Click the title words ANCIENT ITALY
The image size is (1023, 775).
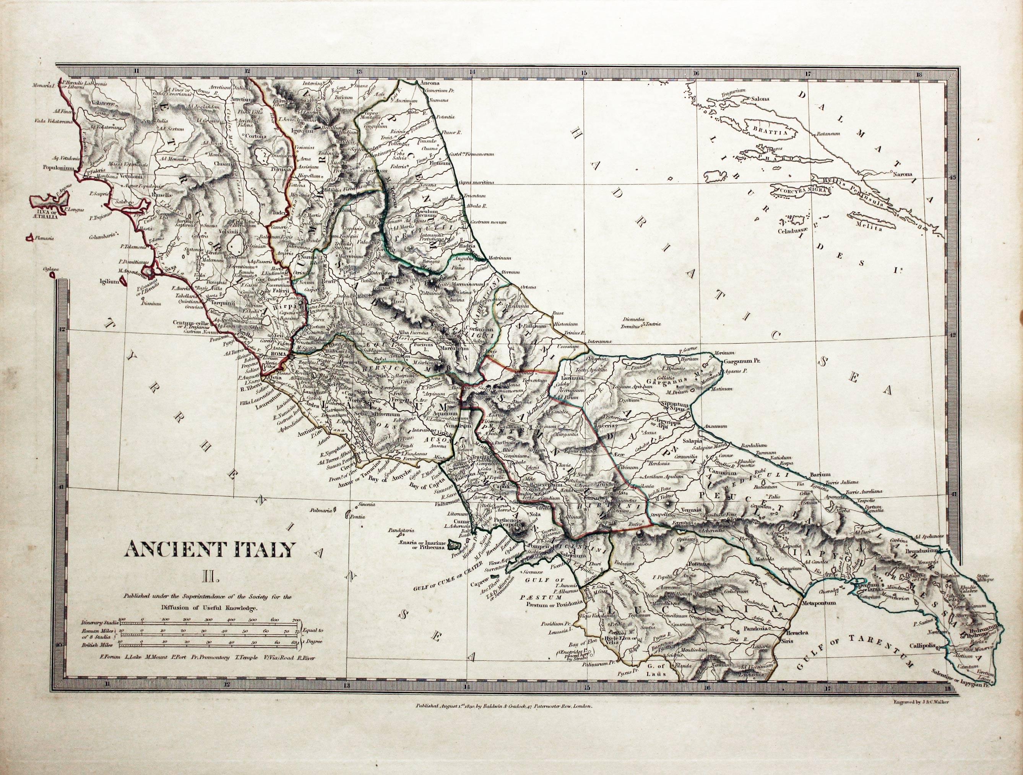(209, 550)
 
